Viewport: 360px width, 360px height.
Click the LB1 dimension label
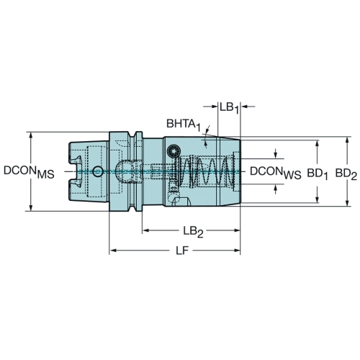[x=230, y=108]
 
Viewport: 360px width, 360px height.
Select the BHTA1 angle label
[x=184, y=125]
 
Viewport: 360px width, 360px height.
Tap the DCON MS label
[x=29, y=172]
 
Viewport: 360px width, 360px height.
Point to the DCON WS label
[x=276, y=173]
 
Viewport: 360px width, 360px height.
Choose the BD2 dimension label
[x=346, y=174]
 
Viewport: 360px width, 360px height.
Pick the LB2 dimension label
[x=193, y=232]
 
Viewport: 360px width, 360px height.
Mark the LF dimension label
[x=182, y=251]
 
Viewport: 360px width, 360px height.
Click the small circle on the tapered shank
[x=98, y=171]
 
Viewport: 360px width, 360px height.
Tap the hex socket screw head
[x=173, y=151]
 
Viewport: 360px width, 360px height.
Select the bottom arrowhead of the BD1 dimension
[x=317, y=199]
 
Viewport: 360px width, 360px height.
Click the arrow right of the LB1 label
[x=248, y=106]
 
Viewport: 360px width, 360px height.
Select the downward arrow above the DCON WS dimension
[x=276, y=153]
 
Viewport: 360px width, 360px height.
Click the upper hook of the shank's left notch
[x=76, y=159]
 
